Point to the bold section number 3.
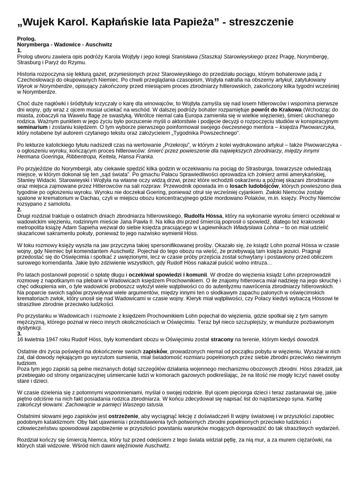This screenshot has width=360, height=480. [x=19, y=333]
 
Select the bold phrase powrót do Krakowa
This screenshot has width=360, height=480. [x=276, y=109]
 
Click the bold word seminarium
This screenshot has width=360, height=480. [x=34, y=127]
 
